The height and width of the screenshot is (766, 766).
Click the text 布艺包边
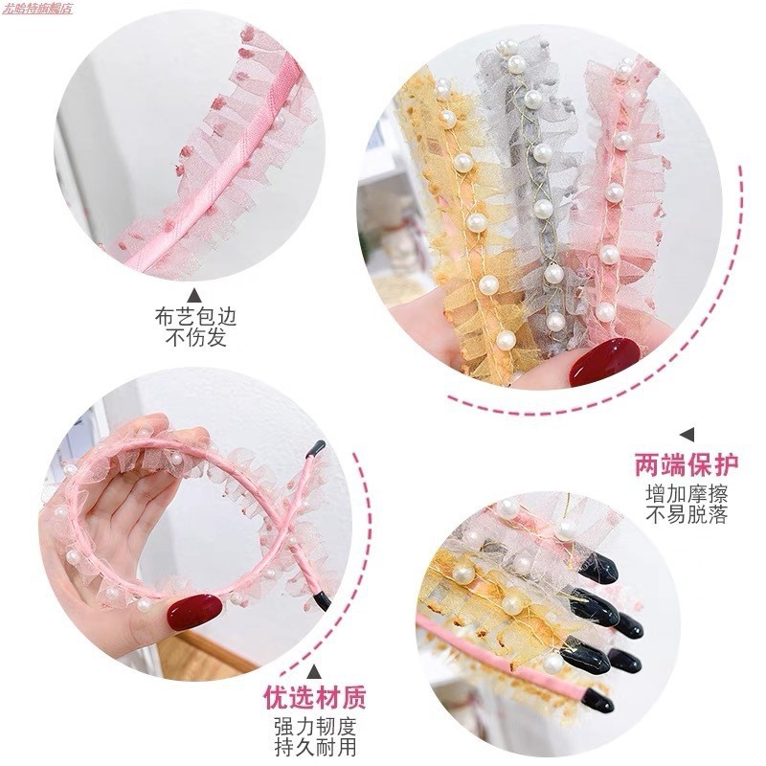pos(194,317)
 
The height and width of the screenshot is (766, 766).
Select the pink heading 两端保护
pos(687,465)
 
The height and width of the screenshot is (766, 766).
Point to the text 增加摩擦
pos(687,494)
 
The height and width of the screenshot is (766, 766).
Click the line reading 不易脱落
pos(687,515)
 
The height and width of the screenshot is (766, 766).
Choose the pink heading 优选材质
pos(316,696)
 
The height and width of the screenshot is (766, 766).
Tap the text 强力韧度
pos(316,725)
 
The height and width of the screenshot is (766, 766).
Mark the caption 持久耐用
pos(316,746)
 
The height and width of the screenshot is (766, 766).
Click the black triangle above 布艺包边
pos(194,295)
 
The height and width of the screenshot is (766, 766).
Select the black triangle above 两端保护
pos(687,435)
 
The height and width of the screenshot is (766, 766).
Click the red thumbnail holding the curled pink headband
pos(194,612)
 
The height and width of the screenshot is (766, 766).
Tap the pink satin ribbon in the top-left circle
pos(239,163)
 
